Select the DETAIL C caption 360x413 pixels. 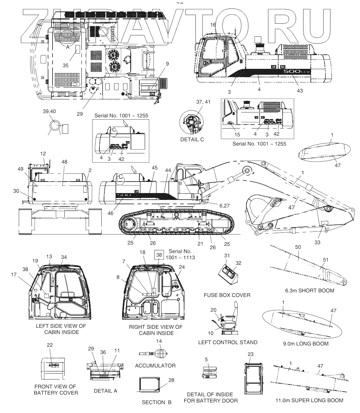coord(192,139)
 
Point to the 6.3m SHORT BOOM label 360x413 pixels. coord(309,290)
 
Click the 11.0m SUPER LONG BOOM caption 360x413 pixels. coord(310,400)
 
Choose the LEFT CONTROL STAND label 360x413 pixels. coord(228,342)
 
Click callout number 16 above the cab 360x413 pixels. coord(213,25)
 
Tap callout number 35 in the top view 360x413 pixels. coord(66,65)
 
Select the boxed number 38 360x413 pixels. coord(159,254)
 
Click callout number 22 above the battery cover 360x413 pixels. coord(50,345)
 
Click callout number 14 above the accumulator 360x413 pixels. coord(159,341)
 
